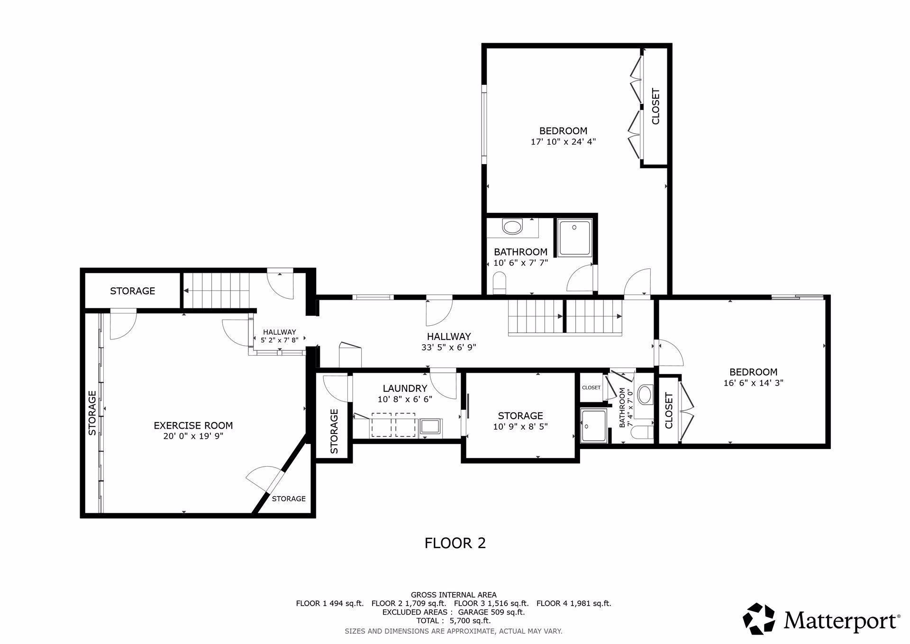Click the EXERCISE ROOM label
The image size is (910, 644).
point(193,425)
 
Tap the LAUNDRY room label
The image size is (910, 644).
point(405,388)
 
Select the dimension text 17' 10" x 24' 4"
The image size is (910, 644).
point(563,141)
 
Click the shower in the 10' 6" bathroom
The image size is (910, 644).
point(574,237)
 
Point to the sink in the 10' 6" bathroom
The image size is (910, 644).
point(512,227)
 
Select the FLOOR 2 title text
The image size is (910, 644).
point(455,543)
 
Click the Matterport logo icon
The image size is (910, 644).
point(758,619)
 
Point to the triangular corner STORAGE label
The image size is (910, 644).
point(289,498)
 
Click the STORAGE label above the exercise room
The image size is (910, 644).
point(132,291)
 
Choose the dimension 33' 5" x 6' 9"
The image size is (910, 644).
point(448,347)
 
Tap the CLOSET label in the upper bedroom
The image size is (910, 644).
point(655,107)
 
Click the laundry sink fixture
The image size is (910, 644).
point(430,425)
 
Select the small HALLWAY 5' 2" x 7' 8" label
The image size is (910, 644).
point(279,336)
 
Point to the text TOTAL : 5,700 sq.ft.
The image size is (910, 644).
point(453,620)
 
